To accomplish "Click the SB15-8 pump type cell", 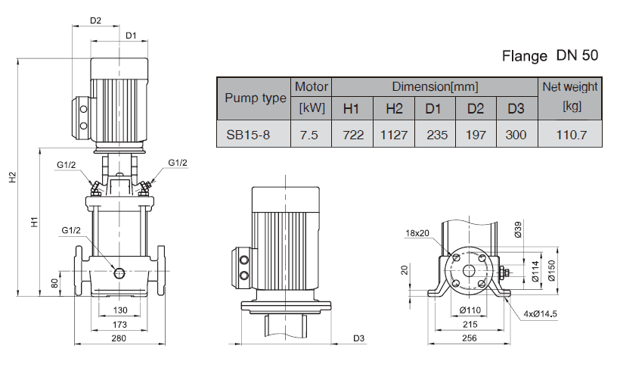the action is [x=248, y=135].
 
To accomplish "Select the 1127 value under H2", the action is [x=393, y=135].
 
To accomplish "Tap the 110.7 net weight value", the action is [x=572, y=135].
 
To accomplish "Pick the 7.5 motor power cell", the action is [x=309, y=135].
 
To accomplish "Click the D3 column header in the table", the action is [x=516, y=108].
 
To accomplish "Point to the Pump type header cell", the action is [x=256, y=98].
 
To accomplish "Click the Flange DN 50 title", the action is [x=550, y=55].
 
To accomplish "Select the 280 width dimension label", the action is [x=119, y=338].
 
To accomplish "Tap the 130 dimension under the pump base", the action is [x=120, y=310].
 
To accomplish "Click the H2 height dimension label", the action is [x=13, y=177].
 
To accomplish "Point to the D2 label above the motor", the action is [x=95, y=20].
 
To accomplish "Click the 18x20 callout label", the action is [x=417, y=233].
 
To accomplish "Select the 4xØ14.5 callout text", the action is [x=541, y=313].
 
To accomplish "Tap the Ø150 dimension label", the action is [x=551, y=271].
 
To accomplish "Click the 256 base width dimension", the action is [x=470, y=338].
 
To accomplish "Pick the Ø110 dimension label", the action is [x=470, y=310].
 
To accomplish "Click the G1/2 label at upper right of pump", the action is [x=178, y=163].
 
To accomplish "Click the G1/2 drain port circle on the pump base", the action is [x=119, y=272].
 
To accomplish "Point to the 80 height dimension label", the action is [x=54, y=283].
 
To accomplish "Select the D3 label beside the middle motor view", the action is [x=358, y=338].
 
